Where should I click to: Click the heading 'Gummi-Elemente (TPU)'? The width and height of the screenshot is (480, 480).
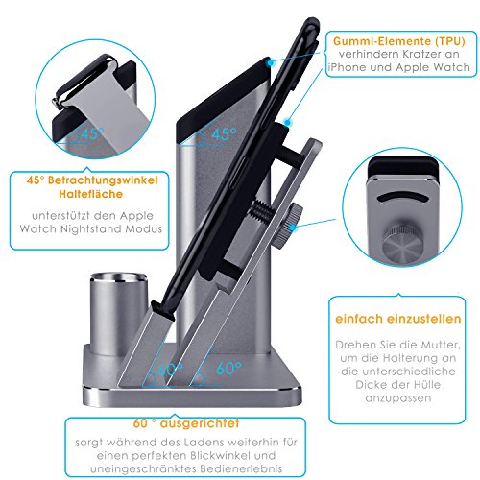pos(398,41)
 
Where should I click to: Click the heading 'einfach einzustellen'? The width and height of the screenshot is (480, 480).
pos(398,319)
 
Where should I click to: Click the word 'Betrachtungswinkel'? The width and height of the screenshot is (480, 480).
pos(103,180)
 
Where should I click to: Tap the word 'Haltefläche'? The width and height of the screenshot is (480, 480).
pos(90,194)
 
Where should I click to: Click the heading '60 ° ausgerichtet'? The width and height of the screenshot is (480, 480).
pos(186,423)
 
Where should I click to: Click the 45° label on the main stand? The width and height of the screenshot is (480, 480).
pos(224,134)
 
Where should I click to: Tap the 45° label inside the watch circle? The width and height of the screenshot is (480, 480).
pos(92,133)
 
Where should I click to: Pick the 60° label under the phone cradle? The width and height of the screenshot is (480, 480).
pos(170,370)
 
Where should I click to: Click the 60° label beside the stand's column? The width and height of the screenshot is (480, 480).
pos(228,369)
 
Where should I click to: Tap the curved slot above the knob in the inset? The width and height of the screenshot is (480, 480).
pos(402,198)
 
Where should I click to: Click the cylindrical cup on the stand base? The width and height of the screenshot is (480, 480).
pos(118,313)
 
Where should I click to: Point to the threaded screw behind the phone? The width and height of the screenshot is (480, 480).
pos(262,208)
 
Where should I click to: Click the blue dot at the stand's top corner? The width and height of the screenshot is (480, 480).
pos(271,62)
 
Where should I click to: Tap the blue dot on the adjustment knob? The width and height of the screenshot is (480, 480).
pos(293,228)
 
